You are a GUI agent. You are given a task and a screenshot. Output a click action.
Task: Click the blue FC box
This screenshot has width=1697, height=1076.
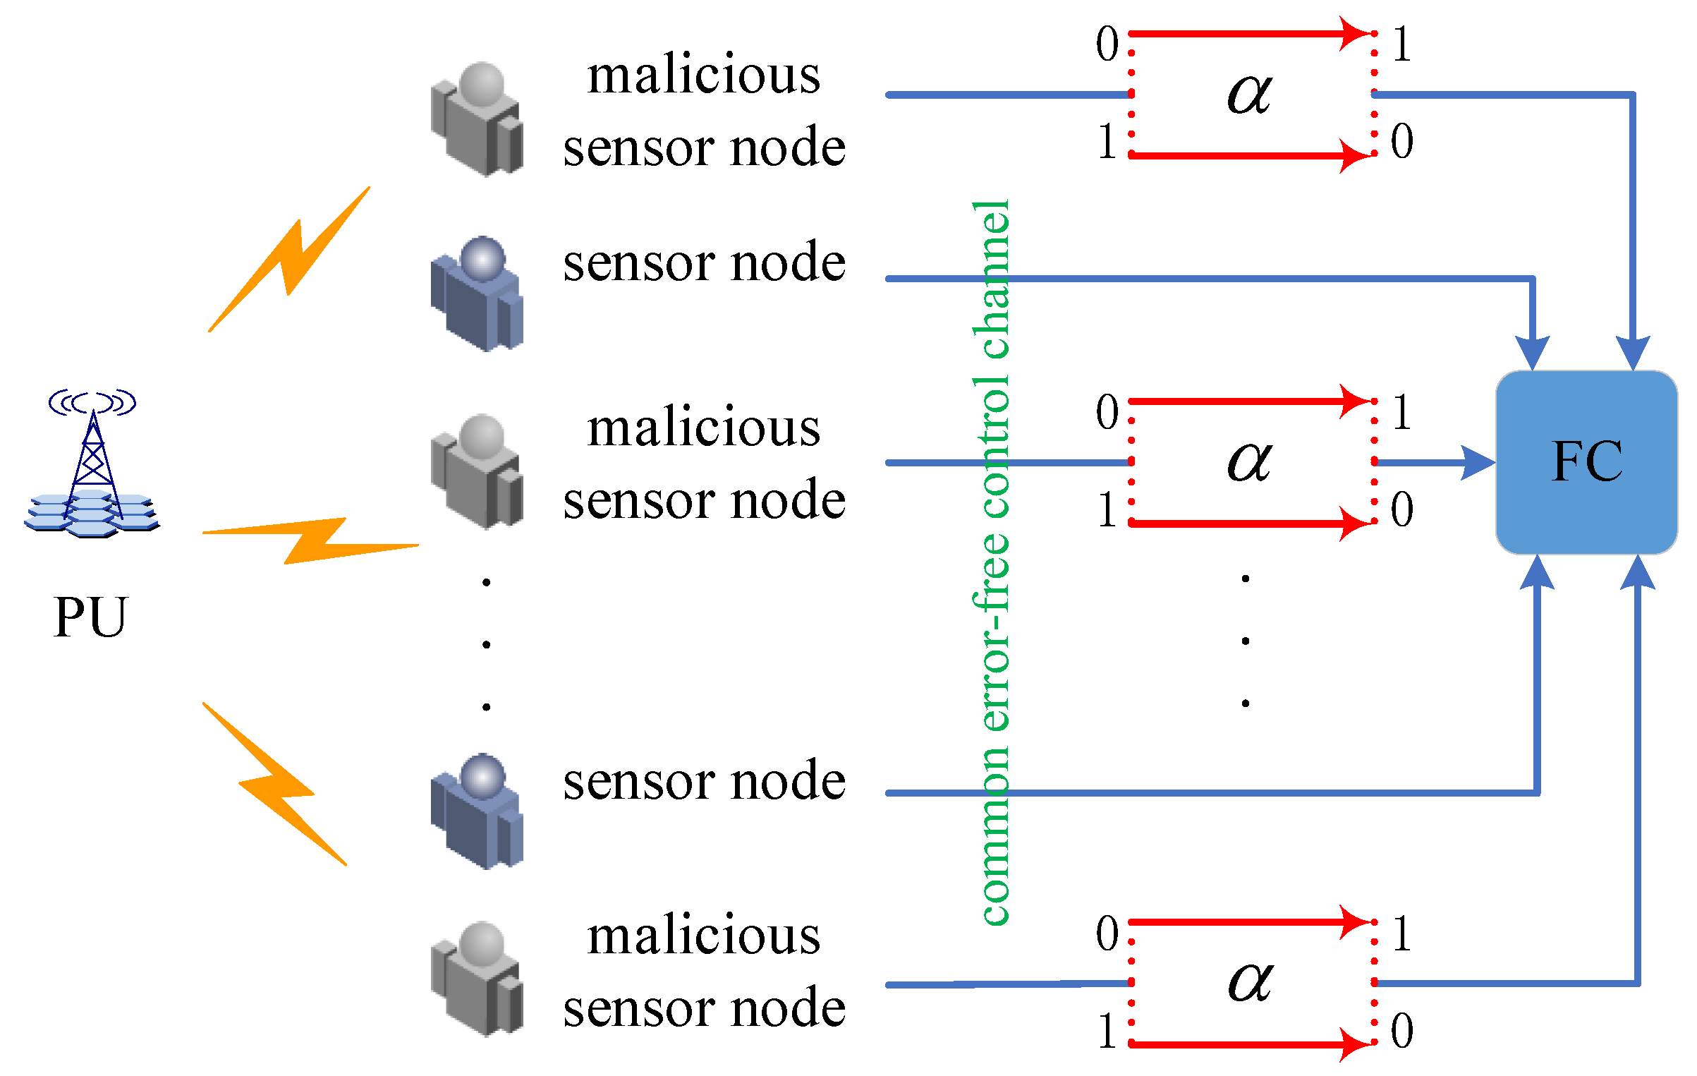[1586, 462]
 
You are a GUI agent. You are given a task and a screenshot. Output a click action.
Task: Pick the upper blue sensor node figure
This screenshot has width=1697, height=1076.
[478, 294]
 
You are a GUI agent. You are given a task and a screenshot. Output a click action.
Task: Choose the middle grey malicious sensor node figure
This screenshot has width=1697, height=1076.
[478, 471]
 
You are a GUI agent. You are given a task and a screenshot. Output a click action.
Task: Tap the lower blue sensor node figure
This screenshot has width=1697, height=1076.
[478, 811]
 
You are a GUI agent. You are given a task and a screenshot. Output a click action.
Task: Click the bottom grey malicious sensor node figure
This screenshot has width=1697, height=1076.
[478, 979]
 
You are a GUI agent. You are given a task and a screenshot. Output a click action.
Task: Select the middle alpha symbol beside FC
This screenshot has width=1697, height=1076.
[1249, 462]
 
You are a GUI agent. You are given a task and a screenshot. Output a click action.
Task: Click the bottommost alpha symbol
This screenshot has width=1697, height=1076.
[1249, 981]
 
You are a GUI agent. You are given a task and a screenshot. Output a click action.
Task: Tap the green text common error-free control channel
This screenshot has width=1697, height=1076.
[992, 562]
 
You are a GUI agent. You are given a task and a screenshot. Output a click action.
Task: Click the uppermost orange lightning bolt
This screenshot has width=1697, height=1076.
[289, 260]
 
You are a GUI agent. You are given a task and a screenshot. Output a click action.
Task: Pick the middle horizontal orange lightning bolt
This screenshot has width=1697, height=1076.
[310, 540]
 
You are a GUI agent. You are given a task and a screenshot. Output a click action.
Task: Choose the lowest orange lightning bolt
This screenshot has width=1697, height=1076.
[275, 783]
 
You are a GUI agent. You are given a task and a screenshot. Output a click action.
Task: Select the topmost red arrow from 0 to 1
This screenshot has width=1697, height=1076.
[1249, 33]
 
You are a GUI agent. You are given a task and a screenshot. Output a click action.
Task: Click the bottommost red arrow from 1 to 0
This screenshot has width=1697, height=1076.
[1249, 1044]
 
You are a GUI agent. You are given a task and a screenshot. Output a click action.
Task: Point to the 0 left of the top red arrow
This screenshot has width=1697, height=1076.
[1107, 44]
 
